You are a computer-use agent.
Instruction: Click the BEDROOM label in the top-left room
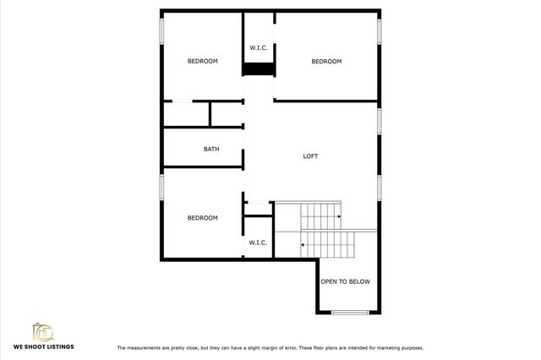(x=203, y=61)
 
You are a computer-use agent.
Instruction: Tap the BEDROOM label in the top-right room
(x=326, y=61)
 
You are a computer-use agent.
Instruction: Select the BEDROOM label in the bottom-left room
(x=203, y=218)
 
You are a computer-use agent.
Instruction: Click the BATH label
(x=211, y=150)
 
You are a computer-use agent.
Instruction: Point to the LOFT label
(x=311, y=155)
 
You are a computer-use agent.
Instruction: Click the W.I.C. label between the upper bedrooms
(x=258, y=48)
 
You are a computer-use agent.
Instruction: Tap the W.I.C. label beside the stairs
(x=258, y=243)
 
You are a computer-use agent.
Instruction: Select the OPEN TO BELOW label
(x=345, y=281)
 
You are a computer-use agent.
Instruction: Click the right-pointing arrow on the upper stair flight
(x=338, y=216)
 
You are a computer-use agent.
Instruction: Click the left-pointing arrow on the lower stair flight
(x=303, y=245)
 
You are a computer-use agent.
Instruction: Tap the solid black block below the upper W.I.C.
(x=260, y=70)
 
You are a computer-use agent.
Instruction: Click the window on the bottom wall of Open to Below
(x=348, y=313)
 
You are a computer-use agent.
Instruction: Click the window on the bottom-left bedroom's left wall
(x=162, y=188)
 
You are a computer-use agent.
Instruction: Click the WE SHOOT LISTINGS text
(x=42, y=347)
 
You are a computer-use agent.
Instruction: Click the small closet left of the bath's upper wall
(x=186, y=114)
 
